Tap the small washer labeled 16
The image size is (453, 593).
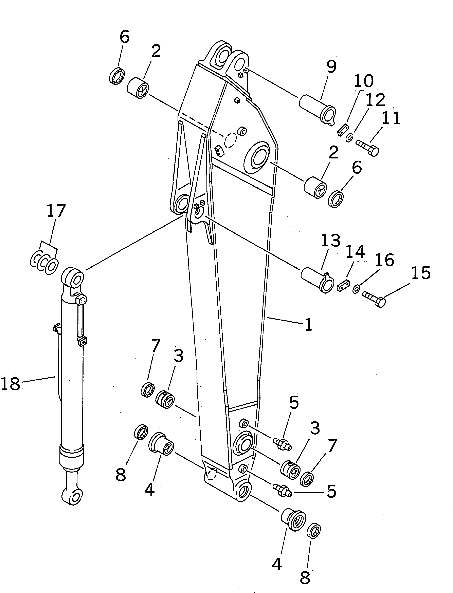click(x=356, y=289)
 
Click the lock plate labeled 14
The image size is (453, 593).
click(x=343, y=285)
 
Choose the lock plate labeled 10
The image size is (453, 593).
click(x=342, y=130)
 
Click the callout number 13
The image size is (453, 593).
click(x=331, y=240)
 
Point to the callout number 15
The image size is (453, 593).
click(x=421, y=273)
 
